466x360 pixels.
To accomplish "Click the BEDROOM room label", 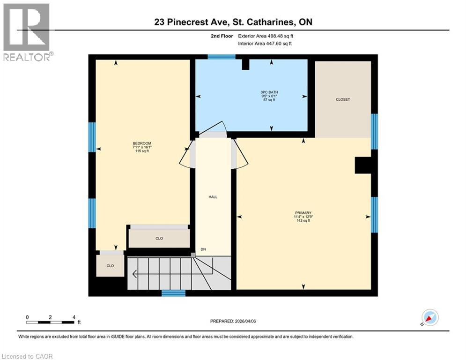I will (x=141, y=143).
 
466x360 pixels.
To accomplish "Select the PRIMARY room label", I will (x=303, y=212).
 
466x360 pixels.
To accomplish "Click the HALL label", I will (x=213, y=197).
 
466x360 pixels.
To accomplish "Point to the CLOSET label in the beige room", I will (x=342, y=99).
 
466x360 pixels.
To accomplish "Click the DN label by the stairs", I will (x=203, y=249).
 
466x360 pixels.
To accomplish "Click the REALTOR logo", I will (x=27, y=32).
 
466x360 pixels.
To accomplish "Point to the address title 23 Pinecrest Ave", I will (x=233, y=22).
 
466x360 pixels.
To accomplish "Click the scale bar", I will (x=51, y=322).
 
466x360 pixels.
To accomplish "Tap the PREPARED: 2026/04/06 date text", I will (x=233, y=321).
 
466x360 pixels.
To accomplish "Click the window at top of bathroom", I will (x=221, y=57).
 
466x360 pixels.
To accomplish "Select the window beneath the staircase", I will (x=173, y=293).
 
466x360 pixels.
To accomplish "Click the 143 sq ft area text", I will (x=303, y=221).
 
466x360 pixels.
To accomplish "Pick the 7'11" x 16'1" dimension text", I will (x=141, y=147).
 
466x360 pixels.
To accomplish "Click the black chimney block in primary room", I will (x=363, y=165).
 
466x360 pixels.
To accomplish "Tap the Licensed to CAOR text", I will (x=28, y=356).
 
